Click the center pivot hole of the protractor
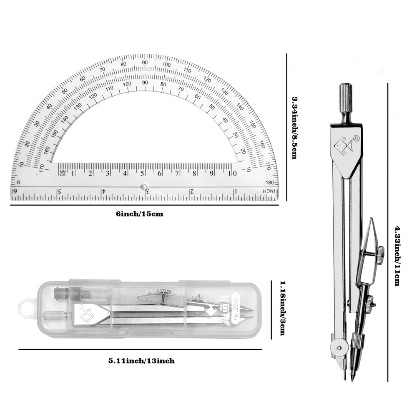point(144,186)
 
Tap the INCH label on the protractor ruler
point(269,191)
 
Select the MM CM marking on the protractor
point(63,173)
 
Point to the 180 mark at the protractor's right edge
point(269,182)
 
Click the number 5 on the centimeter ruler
point(142,173)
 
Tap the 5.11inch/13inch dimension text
point(141,361)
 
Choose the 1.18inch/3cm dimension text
point(282,308)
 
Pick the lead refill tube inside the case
point(72,294)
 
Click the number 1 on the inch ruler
point(236,191)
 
